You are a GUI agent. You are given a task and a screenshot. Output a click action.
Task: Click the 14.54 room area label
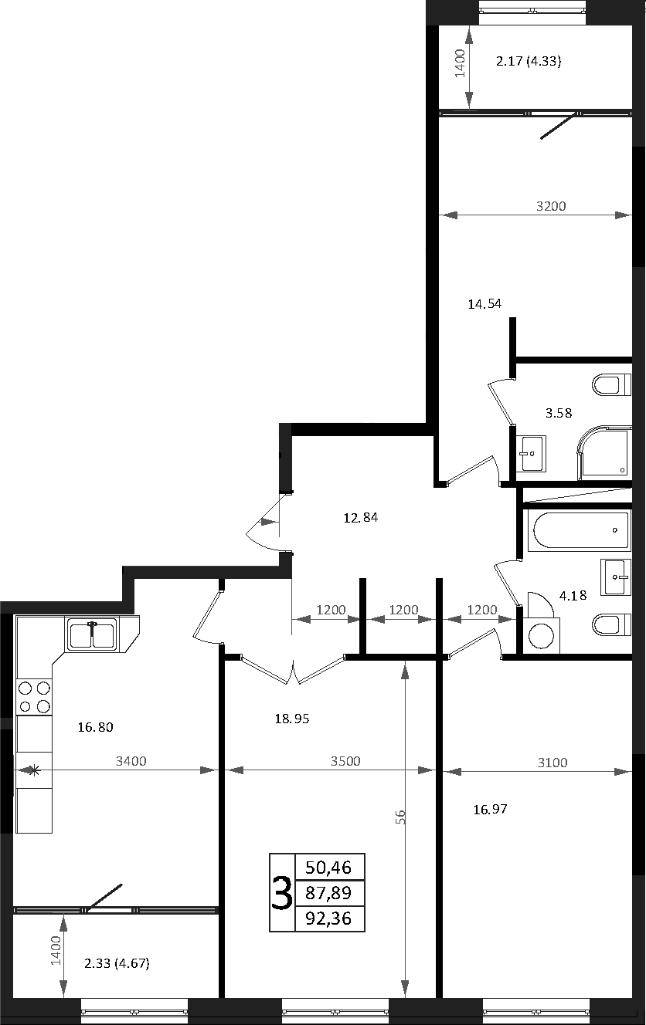tap(484, 304)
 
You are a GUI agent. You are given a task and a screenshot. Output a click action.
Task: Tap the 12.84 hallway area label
tap(361, 518)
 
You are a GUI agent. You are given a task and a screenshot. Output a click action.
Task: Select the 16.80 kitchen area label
tap(95, 727)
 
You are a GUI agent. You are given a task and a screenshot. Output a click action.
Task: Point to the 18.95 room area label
tap(292, 719)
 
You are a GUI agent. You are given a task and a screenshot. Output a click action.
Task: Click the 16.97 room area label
tap(490, 810)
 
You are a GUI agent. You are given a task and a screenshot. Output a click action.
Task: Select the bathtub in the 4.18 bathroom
tap(580, 530)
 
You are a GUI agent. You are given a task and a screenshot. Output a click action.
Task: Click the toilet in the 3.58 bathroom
tap(611, 384)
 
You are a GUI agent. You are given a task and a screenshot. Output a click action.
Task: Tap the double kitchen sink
tap(92, 634)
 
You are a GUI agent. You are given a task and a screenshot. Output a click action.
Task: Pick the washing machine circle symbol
tap(541, 636)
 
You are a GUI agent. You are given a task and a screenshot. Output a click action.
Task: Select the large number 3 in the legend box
tap(282, 893)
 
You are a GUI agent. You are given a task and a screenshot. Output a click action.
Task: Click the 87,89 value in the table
tap(328, 892)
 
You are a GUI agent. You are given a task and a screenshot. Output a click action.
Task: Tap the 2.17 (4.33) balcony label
tap(529, 61)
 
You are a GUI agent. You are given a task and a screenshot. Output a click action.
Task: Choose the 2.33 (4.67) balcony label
tap(117, 963)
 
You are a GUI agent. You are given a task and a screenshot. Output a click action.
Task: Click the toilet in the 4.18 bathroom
tap(611, 625)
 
